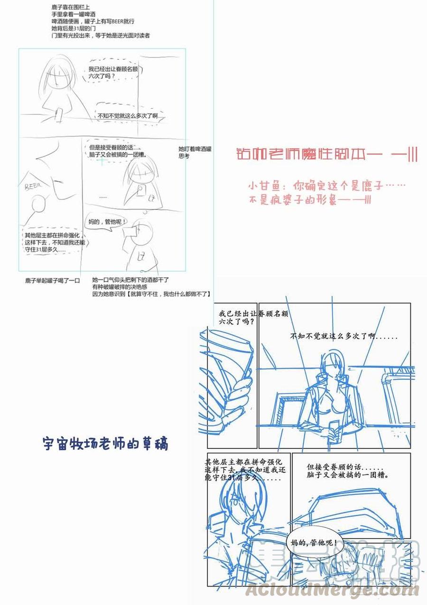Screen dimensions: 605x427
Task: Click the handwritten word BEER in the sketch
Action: coord(33,185)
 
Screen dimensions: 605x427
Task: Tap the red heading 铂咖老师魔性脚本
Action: coord(326,155)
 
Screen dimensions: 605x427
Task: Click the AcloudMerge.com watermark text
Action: coord(332,590)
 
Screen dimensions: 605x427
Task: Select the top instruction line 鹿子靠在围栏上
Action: coord(71,7)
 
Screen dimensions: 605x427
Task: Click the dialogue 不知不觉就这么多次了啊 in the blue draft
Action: coord(343,336)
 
